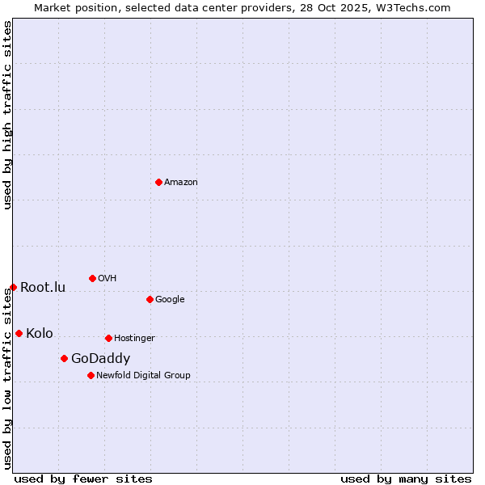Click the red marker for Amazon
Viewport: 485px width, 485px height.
[x=158, y=182]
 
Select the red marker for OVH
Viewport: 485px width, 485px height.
[x=92, y=278]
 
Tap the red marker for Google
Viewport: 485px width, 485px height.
[x=150, y=299]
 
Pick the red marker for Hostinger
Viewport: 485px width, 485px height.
[x=108, y=338]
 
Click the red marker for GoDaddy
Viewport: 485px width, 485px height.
[x=64, y=358]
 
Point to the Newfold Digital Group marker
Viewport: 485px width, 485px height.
[x=91, y=375]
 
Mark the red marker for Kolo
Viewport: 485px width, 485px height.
[x=19, y=333]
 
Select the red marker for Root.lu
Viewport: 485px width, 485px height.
[x=13, y=287]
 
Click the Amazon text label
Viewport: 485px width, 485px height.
[x=181, y=183]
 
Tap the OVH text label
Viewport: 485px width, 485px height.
[x=108, y=279]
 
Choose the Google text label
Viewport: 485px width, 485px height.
[x=170, y=300]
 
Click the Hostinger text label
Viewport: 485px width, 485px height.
[x=134, y=339]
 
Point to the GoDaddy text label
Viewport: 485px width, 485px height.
[x=100, y=359]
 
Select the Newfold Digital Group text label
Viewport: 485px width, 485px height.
[x=143, y=376]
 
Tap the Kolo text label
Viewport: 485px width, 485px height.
[x=40, y=334]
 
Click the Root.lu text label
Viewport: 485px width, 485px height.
[x=43, y=288]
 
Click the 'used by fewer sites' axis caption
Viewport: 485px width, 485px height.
[x=83, y=479]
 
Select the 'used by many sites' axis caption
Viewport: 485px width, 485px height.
[x=406, y=479]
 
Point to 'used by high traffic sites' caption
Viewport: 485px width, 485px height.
[x=7, y=115]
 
